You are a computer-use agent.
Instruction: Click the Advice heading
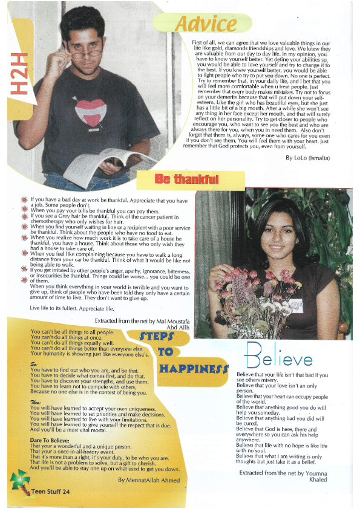pos(206,24)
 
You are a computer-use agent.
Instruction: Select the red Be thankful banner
pos(186,180)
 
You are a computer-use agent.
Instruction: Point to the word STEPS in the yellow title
pos(157,336)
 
